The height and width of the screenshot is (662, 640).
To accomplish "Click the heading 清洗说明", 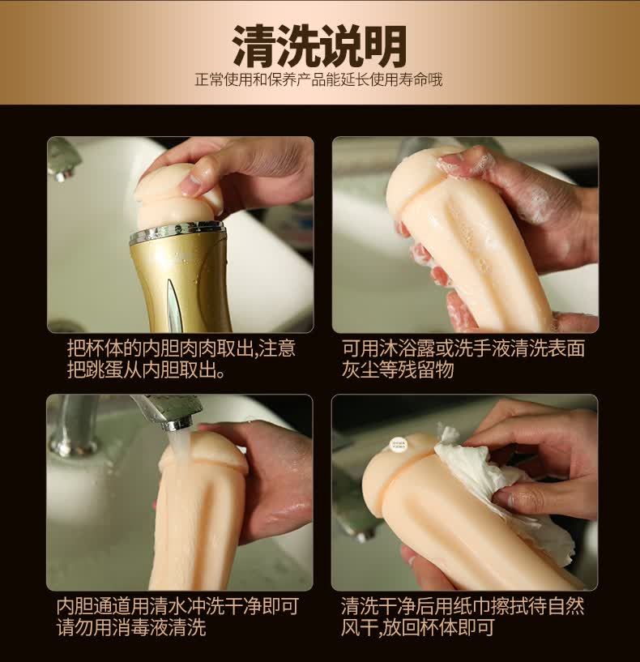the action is [x=319, y=46].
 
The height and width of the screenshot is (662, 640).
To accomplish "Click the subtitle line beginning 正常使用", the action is [x=318, y=79].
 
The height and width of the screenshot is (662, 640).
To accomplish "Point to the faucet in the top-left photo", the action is [x=63, y=158].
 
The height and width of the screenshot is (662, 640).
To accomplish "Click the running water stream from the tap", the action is [x=177, y=447].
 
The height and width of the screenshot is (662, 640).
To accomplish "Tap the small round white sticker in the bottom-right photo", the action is [x=398, y=445].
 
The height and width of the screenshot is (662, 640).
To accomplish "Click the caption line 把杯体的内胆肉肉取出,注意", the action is [x=181, y=348].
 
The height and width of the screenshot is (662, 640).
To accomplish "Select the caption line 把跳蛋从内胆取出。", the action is [x=146, y=369].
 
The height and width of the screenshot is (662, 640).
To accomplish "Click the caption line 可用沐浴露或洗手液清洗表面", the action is [x=463, y=348].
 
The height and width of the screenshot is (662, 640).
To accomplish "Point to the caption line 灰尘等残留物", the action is [x=397, y=369].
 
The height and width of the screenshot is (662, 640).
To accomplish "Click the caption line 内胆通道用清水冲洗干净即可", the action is [x=177, y=606].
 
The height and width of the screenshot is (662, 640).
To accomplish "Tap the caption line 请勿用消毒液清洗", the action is [x=131, y=627].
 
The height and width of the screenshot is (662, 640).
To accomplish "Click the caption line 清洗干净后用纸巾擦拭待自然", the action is [x=463, y=606].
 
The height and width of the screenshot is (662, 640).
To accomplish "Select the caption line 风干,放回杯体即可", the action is [x=417, y=627].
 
